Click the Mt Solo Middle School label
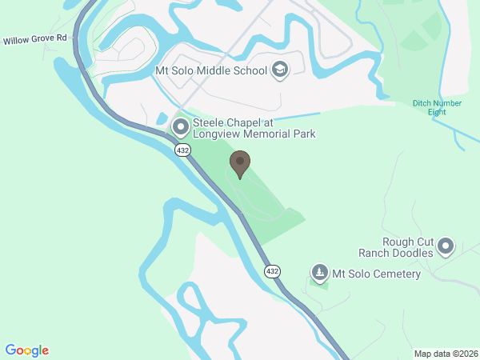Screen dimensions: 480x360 pos(210,70)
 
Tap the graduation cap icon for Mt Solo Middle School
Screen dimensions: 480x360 pos(279,70)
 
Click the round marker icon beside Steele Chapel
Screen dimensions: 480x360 pos(180,126)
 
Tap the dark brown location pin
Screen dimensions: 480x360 pos(239,164)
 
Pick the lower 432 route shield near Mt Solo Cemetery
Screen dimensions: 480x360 pos(274,270)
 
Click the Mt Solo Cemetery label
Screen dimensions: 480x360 pos(376,274)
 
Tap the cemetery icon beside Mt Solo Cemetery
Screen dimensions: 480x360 pos(320,274)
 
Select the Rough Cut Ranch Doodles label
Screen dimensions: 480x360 pos(408,247)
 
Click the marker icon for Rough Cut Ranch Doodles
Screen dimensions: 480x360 pos(446,246)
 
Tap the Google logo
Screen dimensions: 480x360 pos(27,350)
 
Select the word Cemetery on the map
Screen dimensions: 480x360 pos(394,274)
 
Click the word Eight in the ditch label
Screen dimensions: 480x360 pos(437,112)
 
